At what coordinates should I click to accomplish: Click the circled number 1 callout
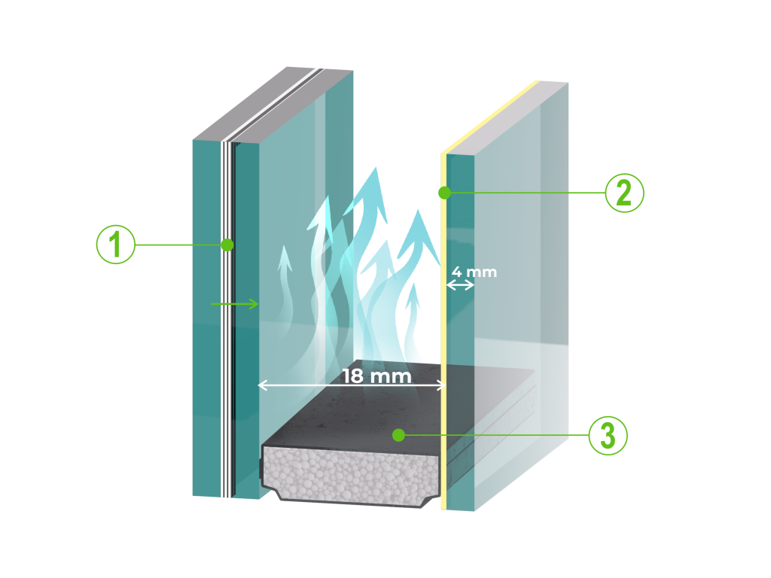coord(116,245)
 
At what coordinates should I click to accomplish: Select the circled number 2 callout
coord(624,193)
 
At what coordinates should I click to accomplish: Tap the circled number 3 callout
coord(608,435)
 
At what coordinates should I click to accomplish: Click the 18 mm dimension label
coord(377,376)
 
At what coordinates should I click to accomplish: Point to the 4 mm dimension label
coord(474,271)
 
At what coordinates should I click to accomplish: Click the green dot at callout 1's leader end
coord(227,245)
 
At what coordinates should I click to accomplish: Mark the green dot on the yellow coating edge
coord(444,193)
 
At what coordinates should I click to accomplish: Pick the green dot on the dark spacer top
coord(399,434)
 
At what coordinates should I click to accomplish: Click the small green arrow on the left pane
coord(235,304)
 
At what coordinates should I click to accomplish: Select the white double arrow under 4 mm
coord(460,285)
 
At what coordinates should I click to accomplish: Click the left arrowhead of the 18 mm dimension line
coord(262,385)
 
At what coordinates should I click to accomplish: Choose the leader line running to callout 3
coord(497,435)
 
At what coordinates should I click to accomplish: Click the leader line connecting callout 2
coord(527,193)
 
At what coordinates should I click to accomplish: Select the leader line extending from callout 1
coord(181,245)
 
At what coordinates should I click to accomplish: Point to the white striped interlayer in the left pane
coord(226,339)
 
